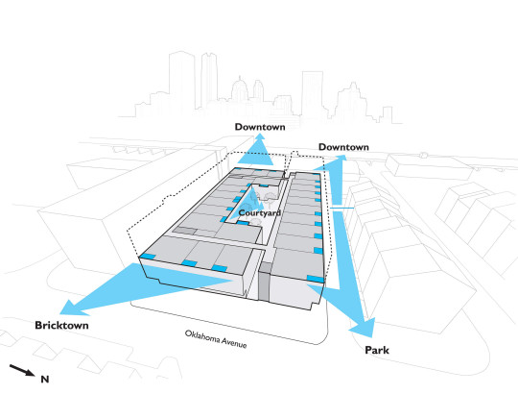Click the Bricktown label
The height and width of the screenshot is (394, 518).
(61, 325)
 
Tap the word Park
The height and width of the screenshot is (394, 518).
(377, 350)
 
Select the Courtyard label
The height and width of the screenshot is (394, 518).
(260, 213)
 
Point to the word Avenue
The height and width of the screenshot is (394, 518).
(234, 342)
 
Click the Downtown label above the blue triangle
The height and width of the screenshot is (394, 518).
(260, 127)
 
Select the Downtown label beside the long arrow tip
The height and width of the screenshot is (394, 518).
(343, 147)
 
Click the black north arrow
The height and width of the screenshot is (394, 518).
(22, 370)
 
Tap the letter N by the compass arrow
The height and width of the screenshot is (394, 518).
(45, 380)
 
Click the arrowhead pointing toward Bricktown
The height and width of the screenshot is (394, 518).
(74, 308)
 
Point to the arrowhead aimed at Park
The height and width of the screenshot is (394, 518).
(363, 327)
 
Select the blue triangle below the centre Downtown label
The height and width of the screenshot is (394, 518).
(257, 151)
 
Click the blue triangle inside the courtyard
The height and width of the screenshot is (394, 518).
(247, 204)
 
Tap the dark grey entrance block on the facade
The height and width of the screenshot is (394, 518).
(265, 282)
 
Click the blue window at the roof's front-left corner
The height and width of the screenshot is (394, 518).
(148, 257)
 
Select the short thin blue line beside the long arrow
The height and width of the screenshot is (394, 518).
(342, 208)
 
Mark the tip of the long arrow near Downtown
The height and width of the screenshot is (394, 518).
(344, 155)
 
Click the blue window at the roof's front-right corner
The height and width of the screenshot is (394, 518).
(316, 279)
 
